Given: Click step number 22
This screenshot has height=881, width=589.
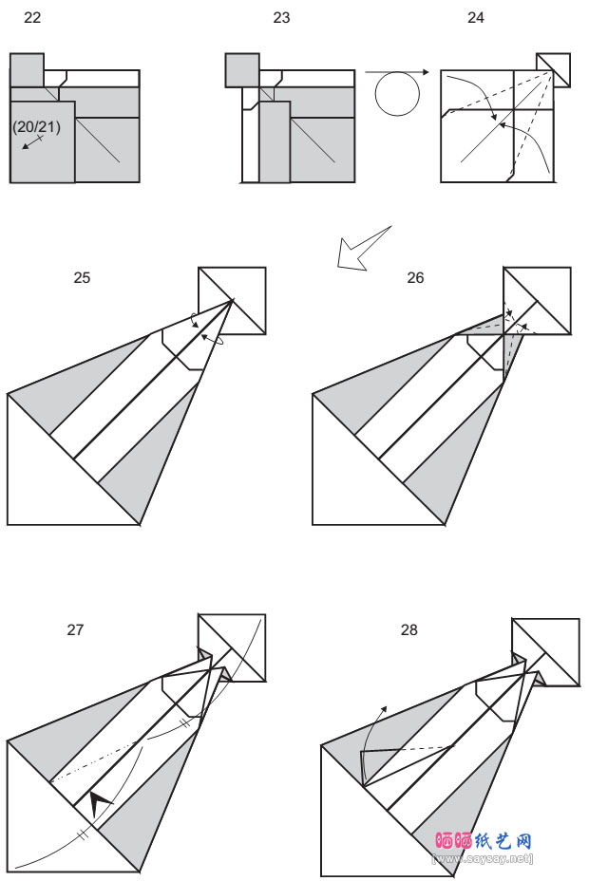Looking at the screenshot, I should pos(31,18).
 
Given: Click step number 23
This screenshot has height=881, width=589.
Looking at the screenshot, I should pos(281,18).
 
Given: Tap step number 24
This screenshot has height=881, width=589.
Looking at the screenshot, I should pos(476,18).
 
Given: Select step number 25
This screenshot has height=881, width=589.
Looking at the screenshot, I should pos(82,278).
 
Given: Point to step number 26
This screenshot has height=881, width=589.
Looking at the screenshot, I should pos(415,278).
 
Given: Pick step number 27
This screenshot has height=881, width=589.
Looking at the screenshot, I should pos(76,629).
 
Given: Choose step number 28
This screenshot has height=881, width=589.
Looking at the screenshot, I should pos(409,629).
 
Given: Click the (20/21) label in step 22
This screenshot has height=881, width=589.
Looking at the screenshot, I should pos(36,127).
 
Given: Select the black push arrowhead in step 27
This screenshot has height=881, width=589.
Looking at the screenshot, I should pos(98,803).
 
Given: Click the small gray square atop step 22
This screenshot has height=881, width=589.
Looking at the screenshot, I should pos(27,70).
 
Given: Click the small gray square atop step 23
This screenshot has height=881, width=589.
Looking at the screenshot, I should pos(242,70).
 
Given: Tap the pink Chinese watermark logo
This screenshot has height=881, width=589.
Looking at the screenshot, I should pos(484,841).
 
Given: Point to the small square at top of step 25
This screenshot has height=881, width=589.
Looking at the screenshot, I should pos(232,301).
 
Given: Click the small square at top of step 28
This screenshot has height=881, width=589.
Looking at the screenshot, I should pos(545,651).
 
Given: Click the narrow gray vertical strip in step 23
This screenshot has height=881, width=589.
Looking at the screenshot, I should pos(275,142).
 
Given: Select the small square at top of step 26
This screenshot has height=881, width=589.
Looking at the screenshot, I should pos(537,301).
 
